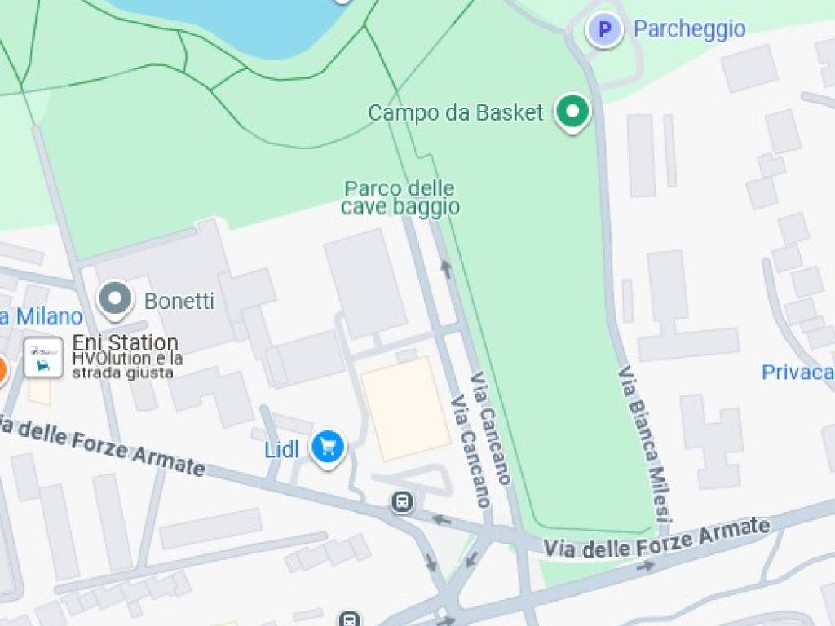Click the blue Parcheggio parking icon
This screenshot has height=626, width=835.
(x=604, y=30)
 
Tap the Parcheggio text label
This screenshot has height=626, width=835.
(x=689, y=29)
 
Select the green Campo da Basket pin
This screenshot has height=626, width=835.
(x=572, y=111)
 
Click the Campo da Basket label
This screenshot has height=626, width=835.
(x=455, y=112)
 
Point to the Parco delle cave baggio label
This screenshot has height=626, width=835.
(x=400, y=198)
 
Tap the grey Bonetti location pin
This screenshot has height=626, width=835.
(x=115, y=299)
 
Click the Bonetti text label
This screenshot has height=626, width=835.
(x=179, y=302)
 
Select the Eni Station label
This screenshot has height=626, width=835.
(x=126, y=342)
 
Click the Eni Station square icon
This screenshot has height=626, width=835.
(x=43, y=357)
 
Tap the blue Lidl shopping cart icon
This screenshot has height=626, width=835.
(x=329, y=447)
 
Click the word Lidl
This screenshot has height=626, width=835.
(x=281, y=449)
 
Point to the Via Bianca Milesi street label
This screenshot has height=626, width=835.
(x=644, y=444)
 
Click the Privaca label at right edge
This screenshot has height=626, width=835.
(x=797, y=373)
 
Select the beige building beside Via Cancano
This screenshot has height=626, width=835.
(x=405, y=408)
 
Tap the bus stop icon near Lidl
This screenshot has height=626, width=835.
(x=402, y=502)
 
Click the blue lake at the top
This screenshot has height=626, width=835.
(x=245, y=24)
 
